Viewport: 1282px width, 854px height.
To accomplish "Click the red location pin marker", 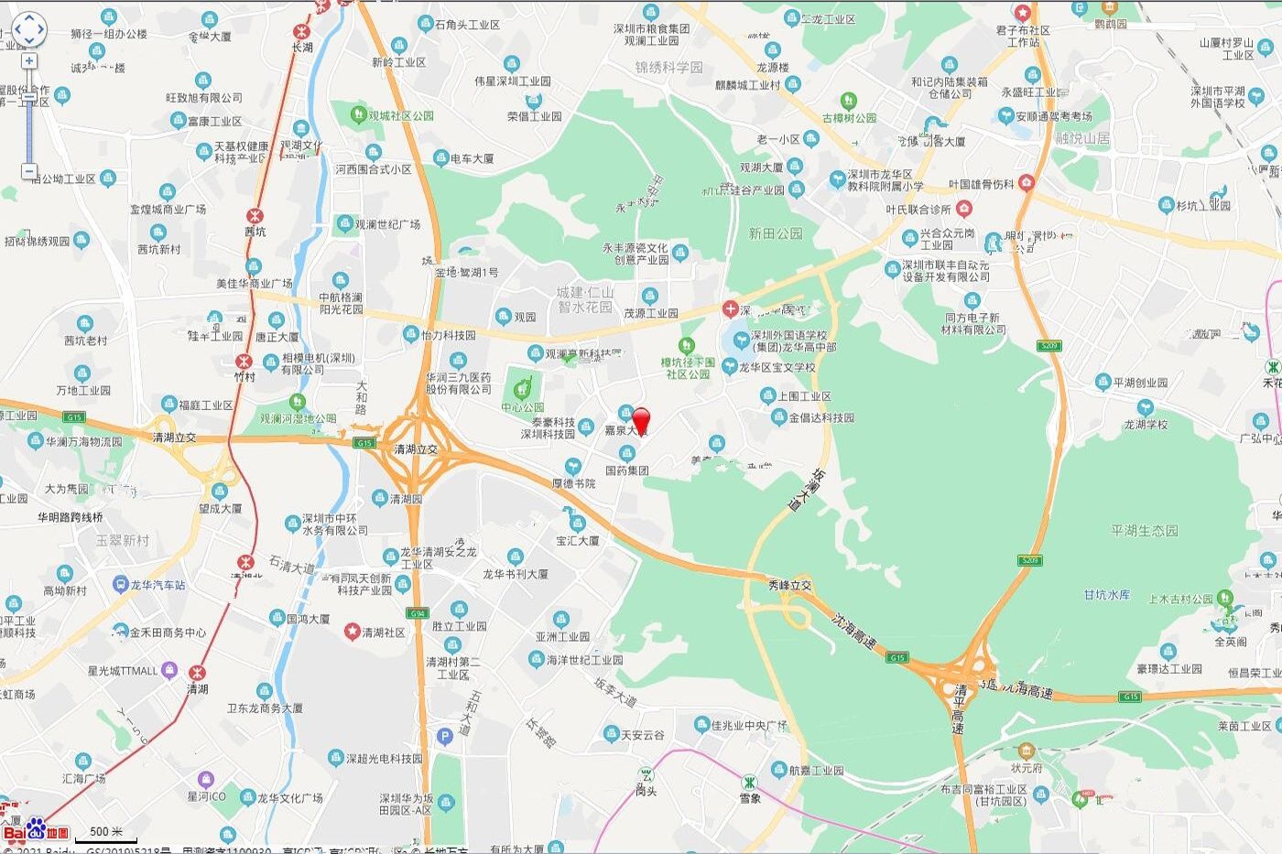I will tap(641, 419).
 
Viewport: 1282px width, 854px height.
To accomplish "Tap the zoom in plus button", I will tap(29, 60).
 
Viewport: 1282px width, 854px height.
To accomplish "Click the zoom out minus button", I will tap(29, 171).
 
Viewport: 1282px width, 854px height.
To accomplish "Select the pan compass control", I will tap(28, 29).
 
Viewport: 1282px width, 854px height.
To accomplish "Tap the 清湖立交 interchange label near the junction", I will tap(415, 449).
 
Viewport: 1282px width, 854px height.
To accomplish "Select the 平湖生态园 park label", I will tap(1145, 530).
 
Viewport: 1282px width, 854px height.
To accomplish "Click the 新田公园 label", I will tap(776, 233).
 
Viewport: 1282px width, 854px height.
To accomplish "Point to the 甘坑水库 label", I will tap(1107, 594).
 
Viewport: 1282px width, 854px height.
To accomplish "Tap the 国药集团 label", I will tap(627, 470).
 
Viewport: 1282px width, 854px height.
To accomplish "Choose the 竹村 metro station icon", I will tap(244, 360).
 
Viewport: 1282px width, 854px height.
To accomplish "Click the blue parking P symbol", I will tap(445, 736).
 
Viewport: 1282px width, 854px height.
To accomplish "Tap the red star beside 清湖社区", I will tap(352, 632).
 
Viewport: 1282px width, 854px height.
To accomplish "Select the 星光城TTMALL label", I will tap(123, 670).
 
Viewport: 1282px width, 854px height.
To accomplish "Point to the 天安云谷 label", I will tap(642, 734).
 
